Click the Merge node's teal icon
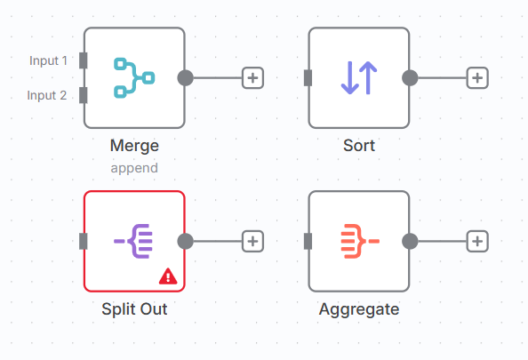click(135, 78)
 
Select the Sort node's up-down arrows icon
click(359, 78)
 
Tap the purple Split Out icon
click(133, 241)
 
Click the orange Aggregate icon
click(360, 241)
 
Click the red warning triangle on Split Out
click(168, 276)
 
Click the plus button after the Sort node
click(477, 78)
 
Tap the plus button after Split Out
click(252, 241)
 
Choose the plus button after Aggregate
click(477, 241)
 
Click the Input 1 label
click(49, 60)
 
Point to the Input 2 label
click(47, 95)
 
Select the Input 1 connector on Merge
click(84, 60)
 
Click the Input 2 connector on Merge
click(84, 95)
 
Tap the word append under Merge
click(134, 168)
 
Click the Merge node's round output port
click(186, 78)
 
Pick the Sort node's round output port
click(410, 78)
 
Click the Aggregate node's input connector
click(308, 241)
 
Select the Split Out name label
click(134, 308)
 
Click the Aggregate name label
click(359, 309)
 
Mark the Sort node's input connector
click(308, 78)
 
